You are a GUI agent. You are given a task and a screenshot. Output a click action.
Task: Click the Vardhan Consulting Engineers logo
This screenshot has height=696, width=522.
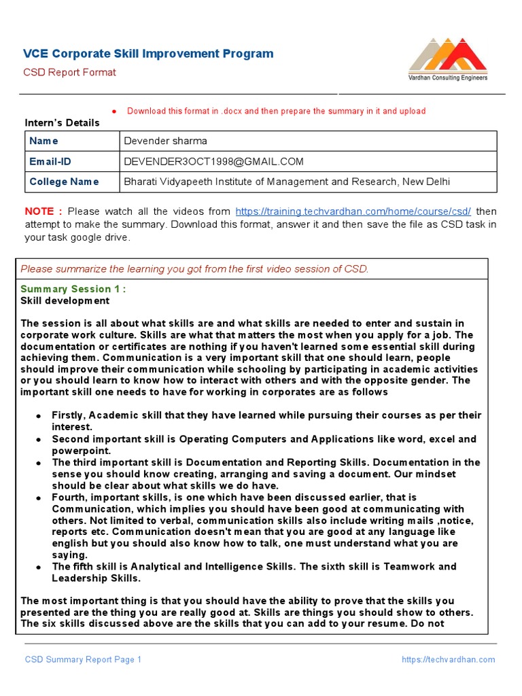(x=447, y=60)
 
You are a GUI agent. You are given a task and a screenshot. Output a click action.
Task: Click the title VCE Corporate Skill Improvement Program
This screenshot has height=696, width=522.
(x=148, y=54)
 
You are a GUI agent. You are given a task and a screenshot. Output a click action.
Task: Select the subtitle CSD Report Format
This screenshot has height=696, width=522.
(x=70, y=73)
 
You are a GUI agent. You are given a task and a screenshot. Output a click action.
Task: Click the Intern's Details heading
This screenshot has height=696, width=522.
(x=62, y=123)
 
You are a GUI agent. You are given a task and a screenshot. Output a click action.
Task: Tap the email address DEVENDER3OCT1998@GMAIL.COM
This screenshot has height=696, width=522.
(x=213, y=162)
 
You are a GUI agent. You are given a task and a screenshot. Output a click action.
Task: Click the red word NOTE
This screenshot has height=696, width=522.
(x=43, y=211)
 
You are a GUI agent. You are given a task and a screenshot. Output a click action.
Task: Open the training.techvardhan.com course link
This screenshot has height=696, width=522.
(x=353, y=211)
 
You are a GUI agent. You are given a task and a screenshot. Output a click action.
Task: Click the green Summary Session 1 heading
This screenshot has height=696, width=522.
(x=73, y=289)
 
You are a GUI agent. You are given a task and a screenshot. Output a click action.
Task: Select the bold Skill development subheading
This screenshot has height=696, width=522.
(x=65, y=300)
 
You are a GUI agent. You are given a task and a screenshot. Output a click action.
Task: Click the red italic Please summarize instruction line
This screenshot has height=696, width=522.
(x=194, y=269)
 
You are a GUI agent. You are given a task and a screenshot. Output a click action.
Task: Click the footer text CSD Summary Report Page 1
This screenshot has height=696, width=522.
(x=83, y=659)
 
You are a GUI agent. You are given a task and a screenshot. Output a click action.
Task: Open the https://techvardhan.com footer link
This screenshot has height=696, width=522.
(x=448, y=659)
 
